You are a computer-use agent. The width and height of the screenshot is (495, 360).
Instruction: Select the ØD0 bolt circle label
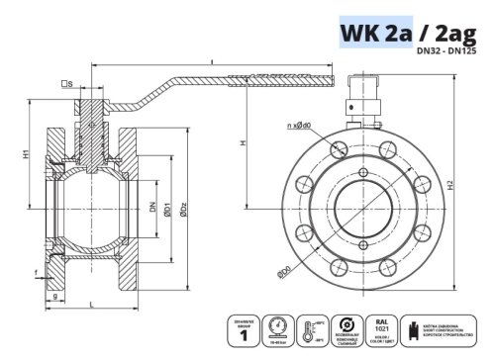click(285, 270)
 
